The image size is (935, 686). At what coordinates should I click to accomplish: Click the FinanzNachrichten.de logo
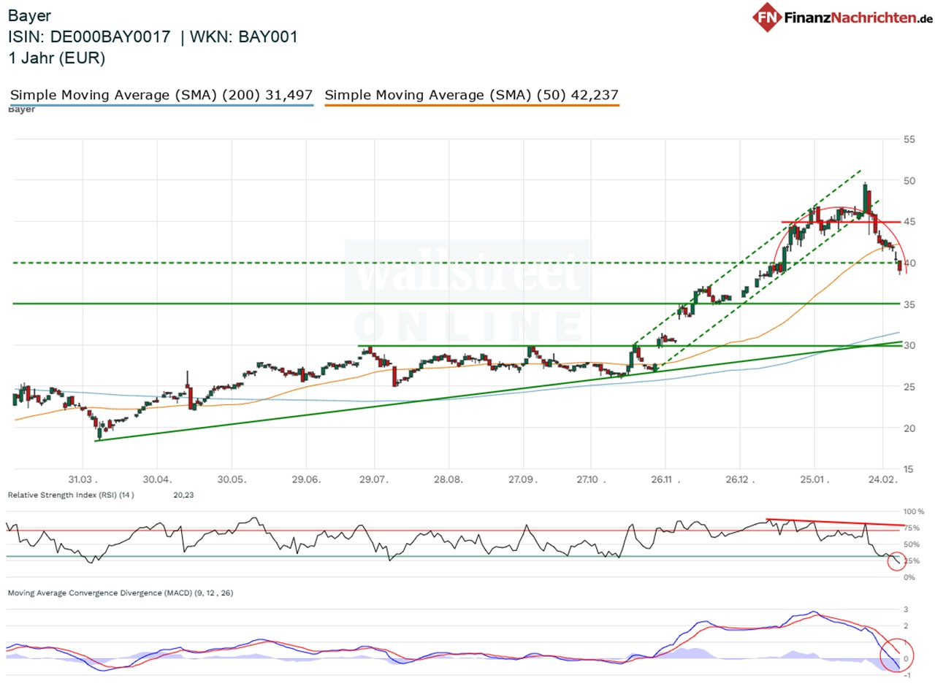pyautogui.click(x=843, y=16)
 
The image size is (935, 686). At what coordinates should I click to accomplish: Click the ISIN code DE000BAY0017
pyautogui.click(x=111, y=37)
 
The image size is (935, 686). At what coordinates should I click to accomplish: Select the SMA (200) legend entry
pyautogui.click(x=161, y=95)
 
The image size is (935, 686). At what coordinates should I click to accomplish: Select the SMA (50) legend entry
pyautogui.click(x=471, y=95)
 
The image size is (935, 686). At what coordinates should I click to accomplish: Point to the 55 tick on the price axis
pyautogui.click(x=910, y=139)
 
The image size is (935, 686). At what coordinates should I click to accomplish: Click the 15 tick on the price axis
pyautogui.click(x=910, y=469)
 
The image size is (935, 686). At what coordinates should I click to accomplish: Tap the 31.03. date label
pyautogui.click(x=82, y=479)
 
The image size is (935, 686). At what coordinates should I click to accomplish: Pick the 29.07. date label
pyautogui.click(x=373, y=479)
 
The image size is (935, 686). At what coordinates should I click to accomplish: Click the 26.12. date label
pyautogui.click(x=739, y=479)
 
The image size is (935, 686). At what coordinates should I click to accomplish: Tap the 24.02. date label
pyautogui.click(x=882, y=479)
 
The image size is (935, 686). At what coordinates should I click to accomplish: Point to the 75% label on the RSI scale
pyautogui.click(x=912, y=528)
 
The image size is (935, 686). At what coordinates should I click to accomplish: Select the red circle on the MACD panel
pyautogui.click(x=894, y=653)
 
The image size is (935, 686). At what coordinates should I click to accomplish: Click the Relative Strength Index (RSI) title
pyautogui.click(x=70, y=495)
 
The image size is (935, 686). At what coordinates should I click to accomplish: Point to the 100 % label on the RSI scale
pyautogui.click(x=913, y=512)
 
